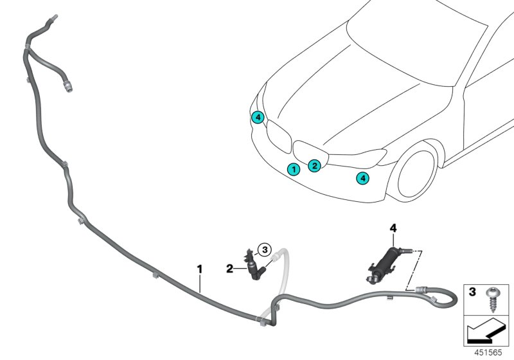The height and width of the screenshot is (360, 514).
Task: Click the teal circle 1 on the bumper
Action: click(x=293, y=170)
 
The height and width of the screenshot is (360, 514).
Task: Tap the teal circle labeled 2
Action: click(x=314, y=166)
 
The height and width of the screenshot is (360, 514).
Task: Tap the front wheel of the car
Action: click(x=421, y=174)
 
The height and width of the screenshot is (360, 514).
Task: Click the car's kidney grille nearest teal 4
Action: click(x=279, y=136)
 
